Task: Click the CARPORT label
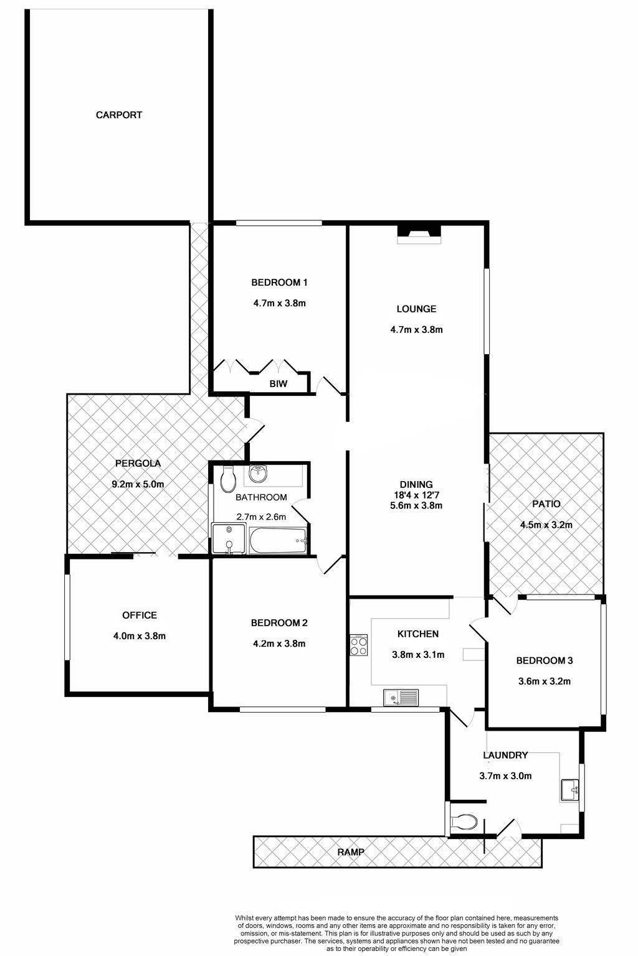click(119, 115)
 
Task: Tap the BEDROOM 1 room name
click(279, 282)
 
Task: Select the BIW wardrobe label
click(278, 383)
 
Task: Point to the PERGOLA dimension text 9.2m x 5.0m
click(138, 484)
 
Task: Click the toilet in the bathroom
click(228, 479)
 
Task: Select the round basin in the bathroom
click(258, 473)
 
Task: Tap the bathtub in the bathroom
click(278, 541)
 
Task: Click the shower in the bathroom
click(229, 540)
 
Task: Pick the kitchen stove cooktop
click(358, 645)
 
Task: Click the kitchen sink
click(401, 697)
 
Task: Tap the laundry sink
click(569, 790)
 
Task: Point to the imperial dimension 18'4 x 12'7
click(416, 495)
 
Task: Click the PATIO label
click(546, 504)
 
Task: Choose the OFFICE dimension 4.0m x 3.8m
click(140, 636)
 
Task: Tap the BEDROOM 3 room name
click(545, 660)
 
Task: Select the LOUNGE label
click(416, 309)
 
